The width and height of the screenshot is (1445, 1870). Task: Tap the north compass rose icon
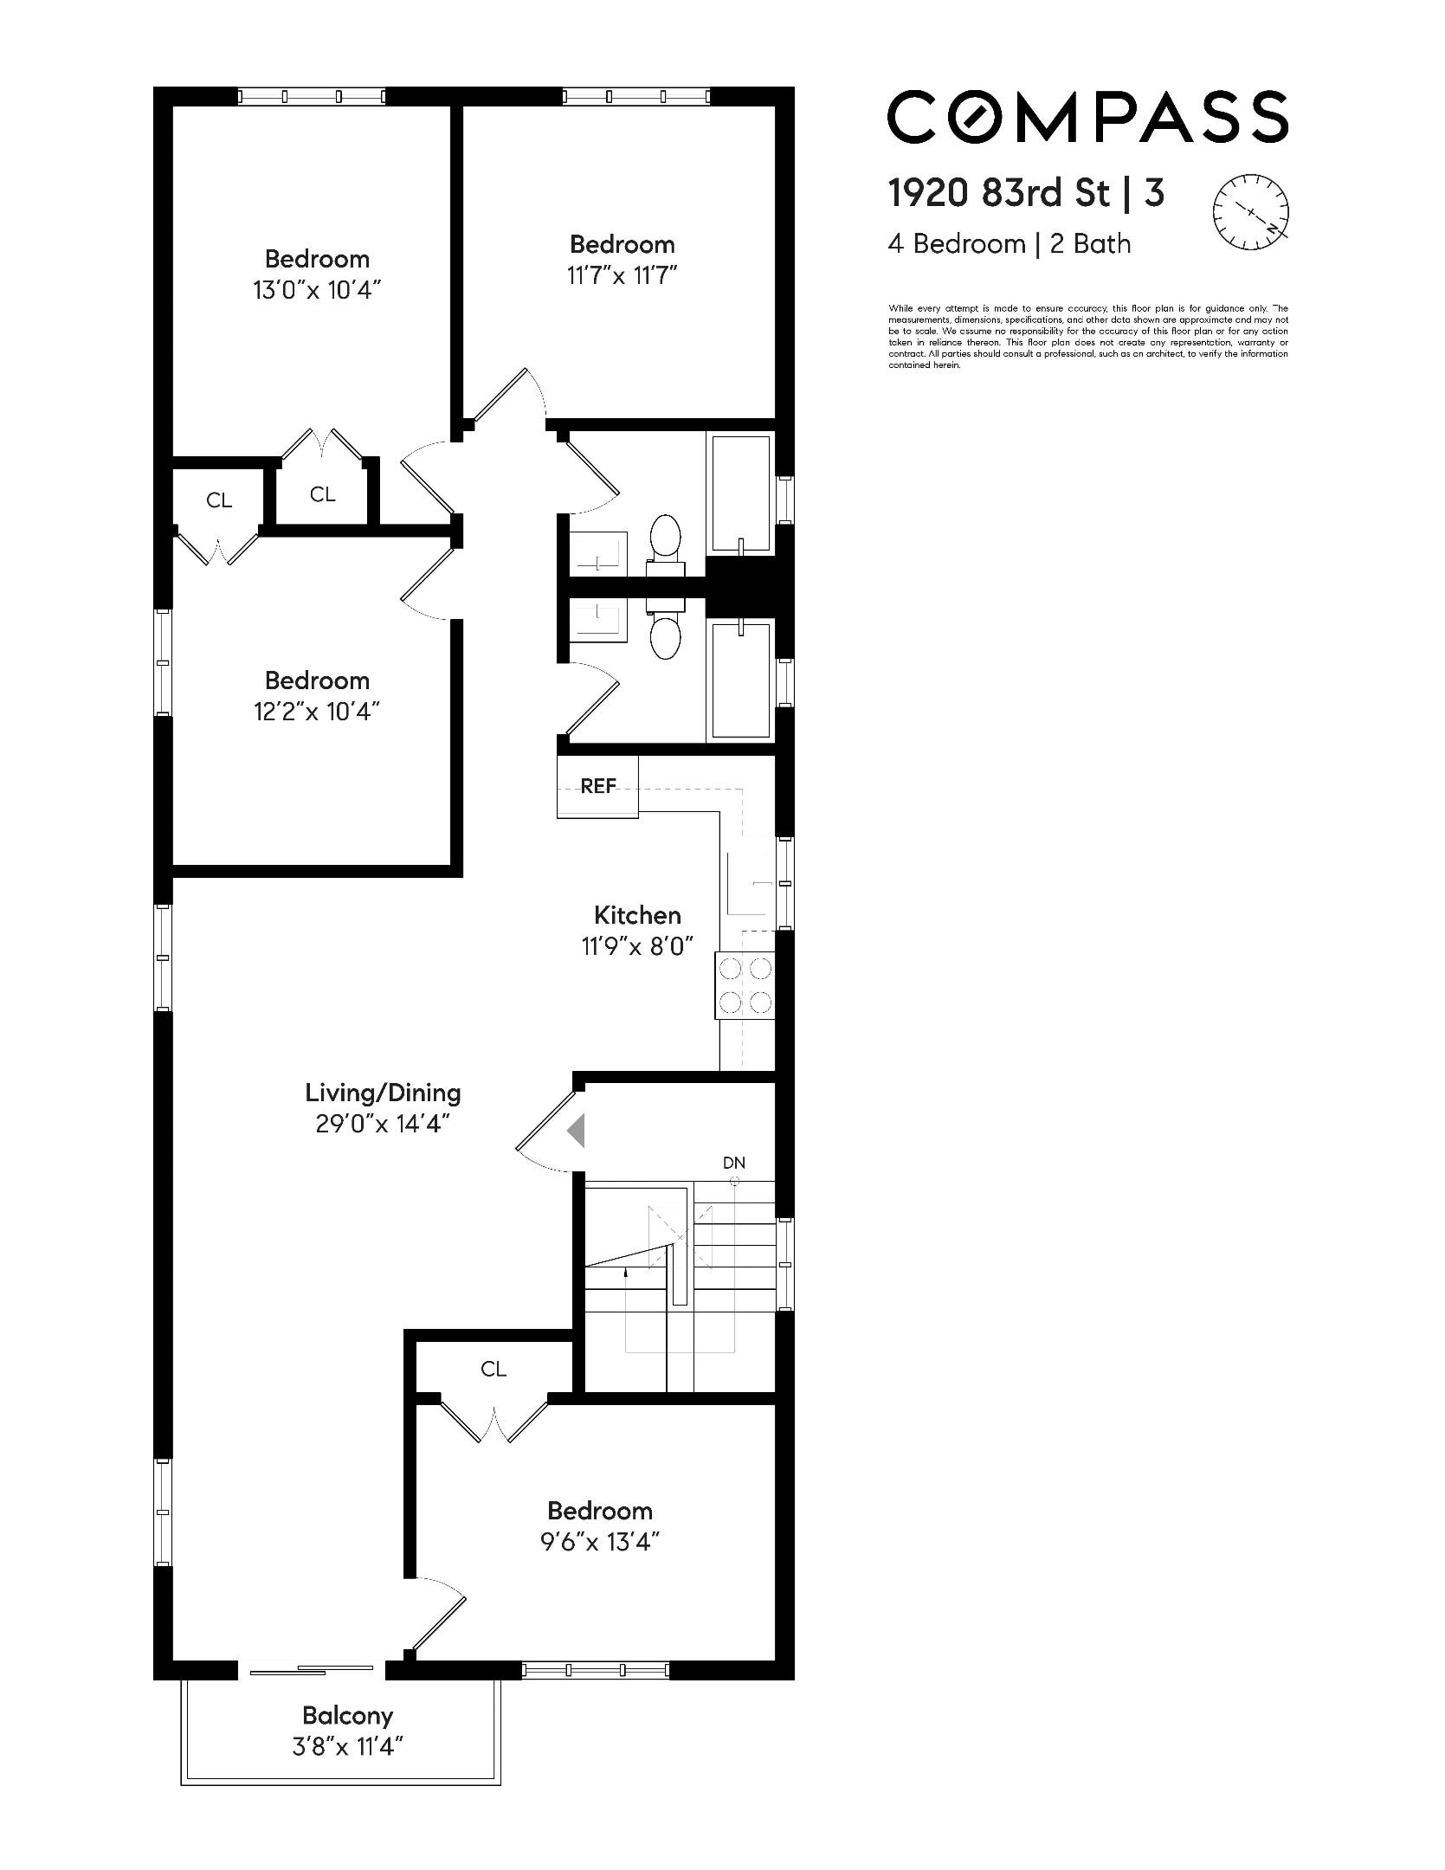click(1249, 212)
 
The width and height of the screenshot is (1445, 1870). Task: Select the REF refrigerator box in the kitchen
click(597, 786)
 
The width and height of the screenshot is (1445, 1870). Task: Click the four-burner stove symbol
click(745, 984)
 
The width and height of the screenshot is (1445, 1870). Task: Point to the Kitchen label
click(637, 915)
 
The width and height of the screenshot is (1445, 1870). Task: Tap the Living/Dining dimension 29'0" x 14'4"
click(382, 1124)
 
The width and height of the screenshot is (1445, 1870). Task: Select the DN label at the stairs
click(733, 1163)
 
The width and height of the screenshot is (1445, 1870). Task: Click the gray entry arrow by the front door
click(577, 1131)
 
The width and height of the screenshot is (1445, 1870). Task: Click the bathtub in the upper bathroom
click(740, 493)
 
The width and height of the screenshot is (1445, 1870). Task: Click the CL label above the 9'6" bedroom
click(493, 1369)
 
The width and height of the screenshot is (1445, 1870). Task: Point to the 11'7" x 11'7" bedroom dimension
click(622, 275)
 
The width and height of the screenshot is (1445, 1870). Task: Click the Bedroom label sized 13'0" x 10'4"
click(317, 259)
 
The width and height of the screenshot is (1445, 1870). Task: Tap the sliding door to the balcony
click(312, 1669)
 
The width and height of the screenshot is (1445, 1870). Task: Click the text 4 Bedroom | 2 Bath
click(1009, 244)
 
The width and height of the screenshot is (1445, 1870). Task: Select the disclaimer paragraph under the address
click(1087, 336)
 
